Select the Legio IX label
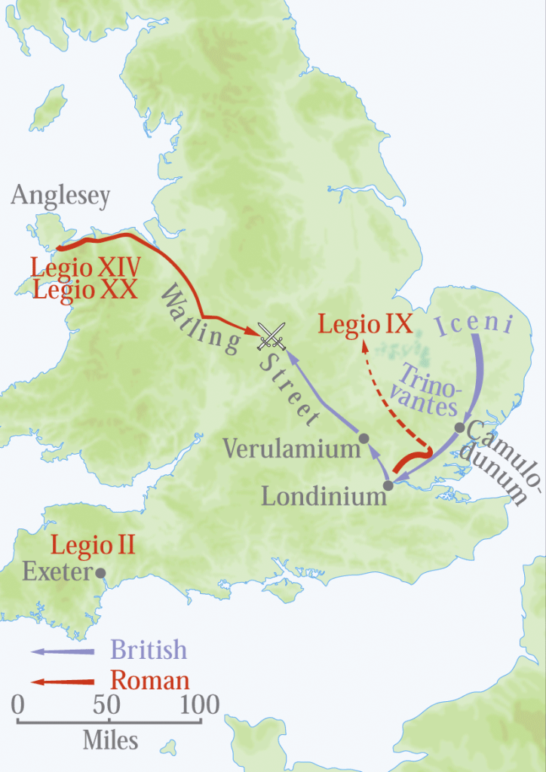pos(365,324)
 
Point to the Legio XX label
pos(84,289)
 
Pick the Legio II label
pos(93,545)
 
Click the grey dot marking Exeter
pos(100,573)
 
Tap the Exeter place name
pos(56,571)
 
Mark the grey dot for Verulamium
pos(363,438)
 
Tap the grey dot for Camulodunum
pos(459,427)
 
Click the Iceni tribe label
pos(474,325)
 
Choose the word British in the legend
pos(149,650)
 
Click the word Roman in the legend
pos(150,681)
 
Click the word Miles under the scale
pos(110,741)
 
